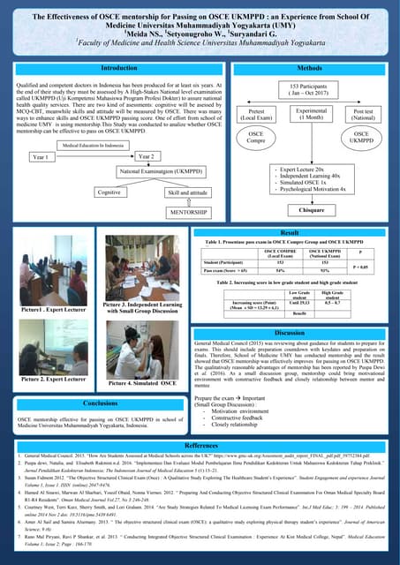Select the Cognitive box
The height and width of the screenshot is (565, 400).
pos(109,191)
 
